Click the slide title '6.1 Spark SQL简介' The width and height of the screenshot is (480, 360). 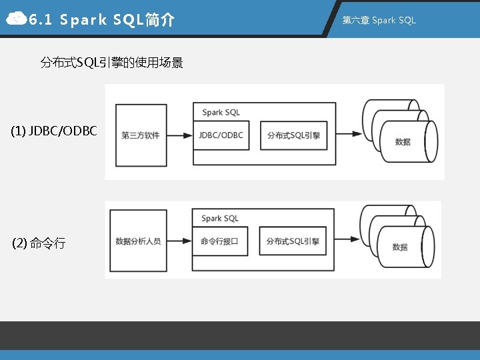102,20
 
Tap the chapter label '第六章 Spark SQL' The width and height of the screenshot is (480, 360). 379,20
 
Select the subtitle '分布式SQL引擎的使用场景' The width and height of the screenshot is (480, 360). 112,63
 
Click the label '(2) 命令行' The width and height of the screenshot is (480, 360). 39,243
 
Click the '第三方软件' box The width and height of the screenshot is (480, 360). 140,135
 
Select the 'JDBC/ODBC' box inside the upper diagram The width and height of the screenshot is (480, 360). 221,135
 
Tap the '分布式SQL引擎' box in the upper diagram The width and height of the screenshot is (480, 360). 293,135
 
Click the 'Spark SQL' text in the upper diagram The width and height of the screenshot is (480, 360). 221,113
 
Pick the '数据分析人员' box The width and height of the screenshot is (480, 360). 138,241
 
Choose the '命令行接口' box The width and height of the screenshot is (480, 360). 219,241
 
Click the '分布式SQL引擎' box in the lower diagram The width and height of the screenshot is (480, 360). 293,241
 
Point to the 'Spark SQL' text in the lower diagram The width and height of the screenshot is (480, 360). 220,218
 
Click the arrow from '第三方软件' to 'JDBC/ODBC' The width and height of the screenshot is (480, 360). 179,135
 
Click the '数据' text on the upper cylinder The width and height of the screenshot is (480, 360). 403,142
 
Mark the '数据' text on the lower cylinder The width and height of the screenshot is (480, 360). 400,247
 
